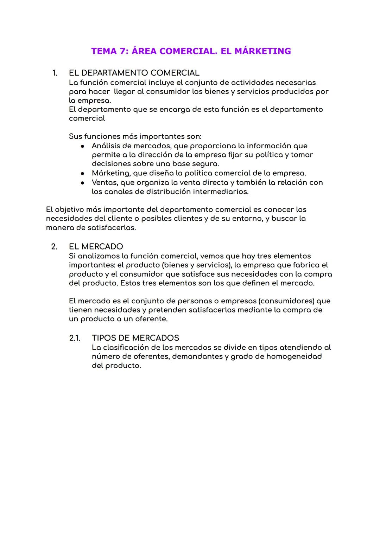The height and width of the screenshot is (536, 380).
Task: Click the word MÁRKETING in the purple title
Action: (262, 51)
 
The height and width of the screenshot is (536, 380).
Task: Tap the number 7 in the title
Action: (122, 51)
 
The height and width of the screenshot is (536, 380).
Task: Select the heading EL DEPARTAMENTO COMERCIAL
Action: (134, 73)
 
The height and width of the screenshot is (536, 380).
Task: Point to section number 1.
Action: (55, 73)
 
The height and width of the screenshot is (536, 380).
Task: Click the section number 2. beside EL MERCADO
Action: (54, 246)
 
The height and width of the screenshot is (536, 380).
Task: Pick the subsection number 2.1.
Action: (75, 338)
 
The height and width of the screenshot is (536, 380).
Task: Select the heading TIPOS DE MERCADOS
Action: (135, 338)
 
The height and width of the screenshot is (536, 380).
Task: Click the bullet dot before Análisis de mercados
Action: (82, 146)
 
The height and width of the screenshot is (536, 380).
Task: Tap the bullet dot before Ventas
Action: (82, 183)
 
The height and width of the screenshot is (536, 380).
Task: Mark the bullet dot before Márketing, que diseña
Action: (82, 173)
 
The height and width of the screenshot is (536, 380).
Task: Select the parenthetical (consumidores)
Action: (287, 301)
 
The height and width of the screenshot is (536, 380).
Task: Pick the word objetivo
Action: (69, 209)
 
